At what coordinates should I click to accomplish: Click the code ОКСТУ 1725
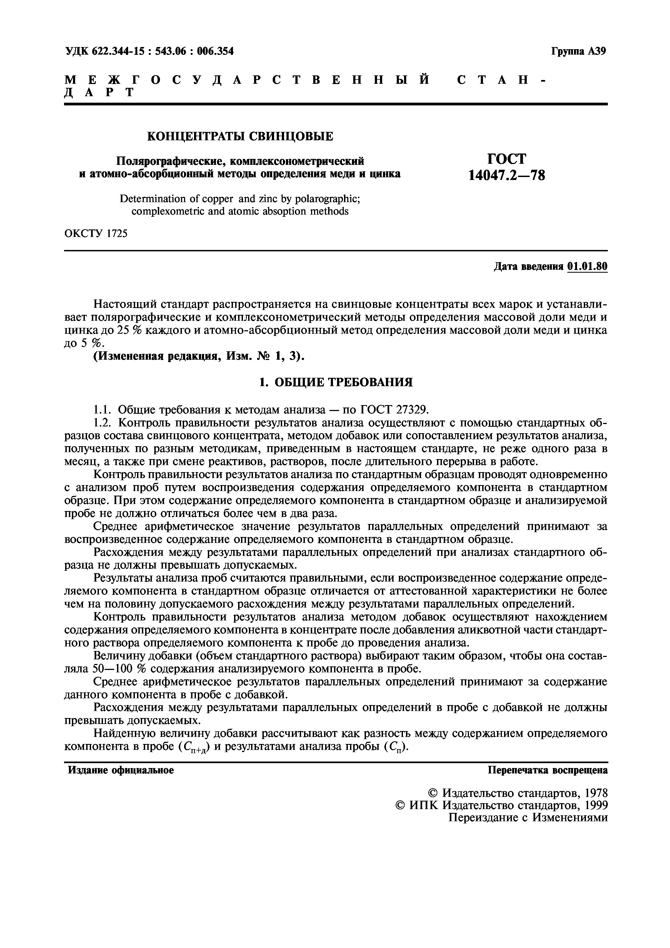pyautogui.click(x=96, y=234)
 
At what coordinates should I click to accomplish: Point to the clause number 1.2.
pyautogui.click(x=102, y=423)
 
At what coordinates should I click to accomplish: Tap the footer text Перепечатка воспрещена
pyautogui.click(x=547, y=770)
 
